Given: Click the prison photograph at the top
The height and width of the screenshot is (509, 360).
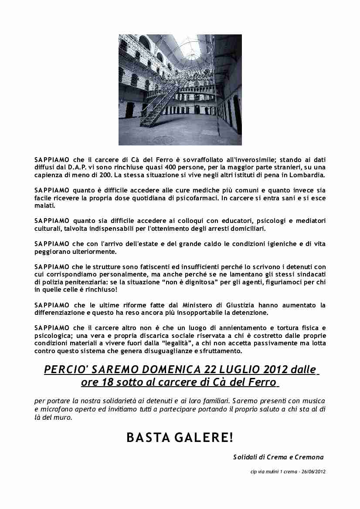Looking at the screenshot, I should click(x=180, y=90).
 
